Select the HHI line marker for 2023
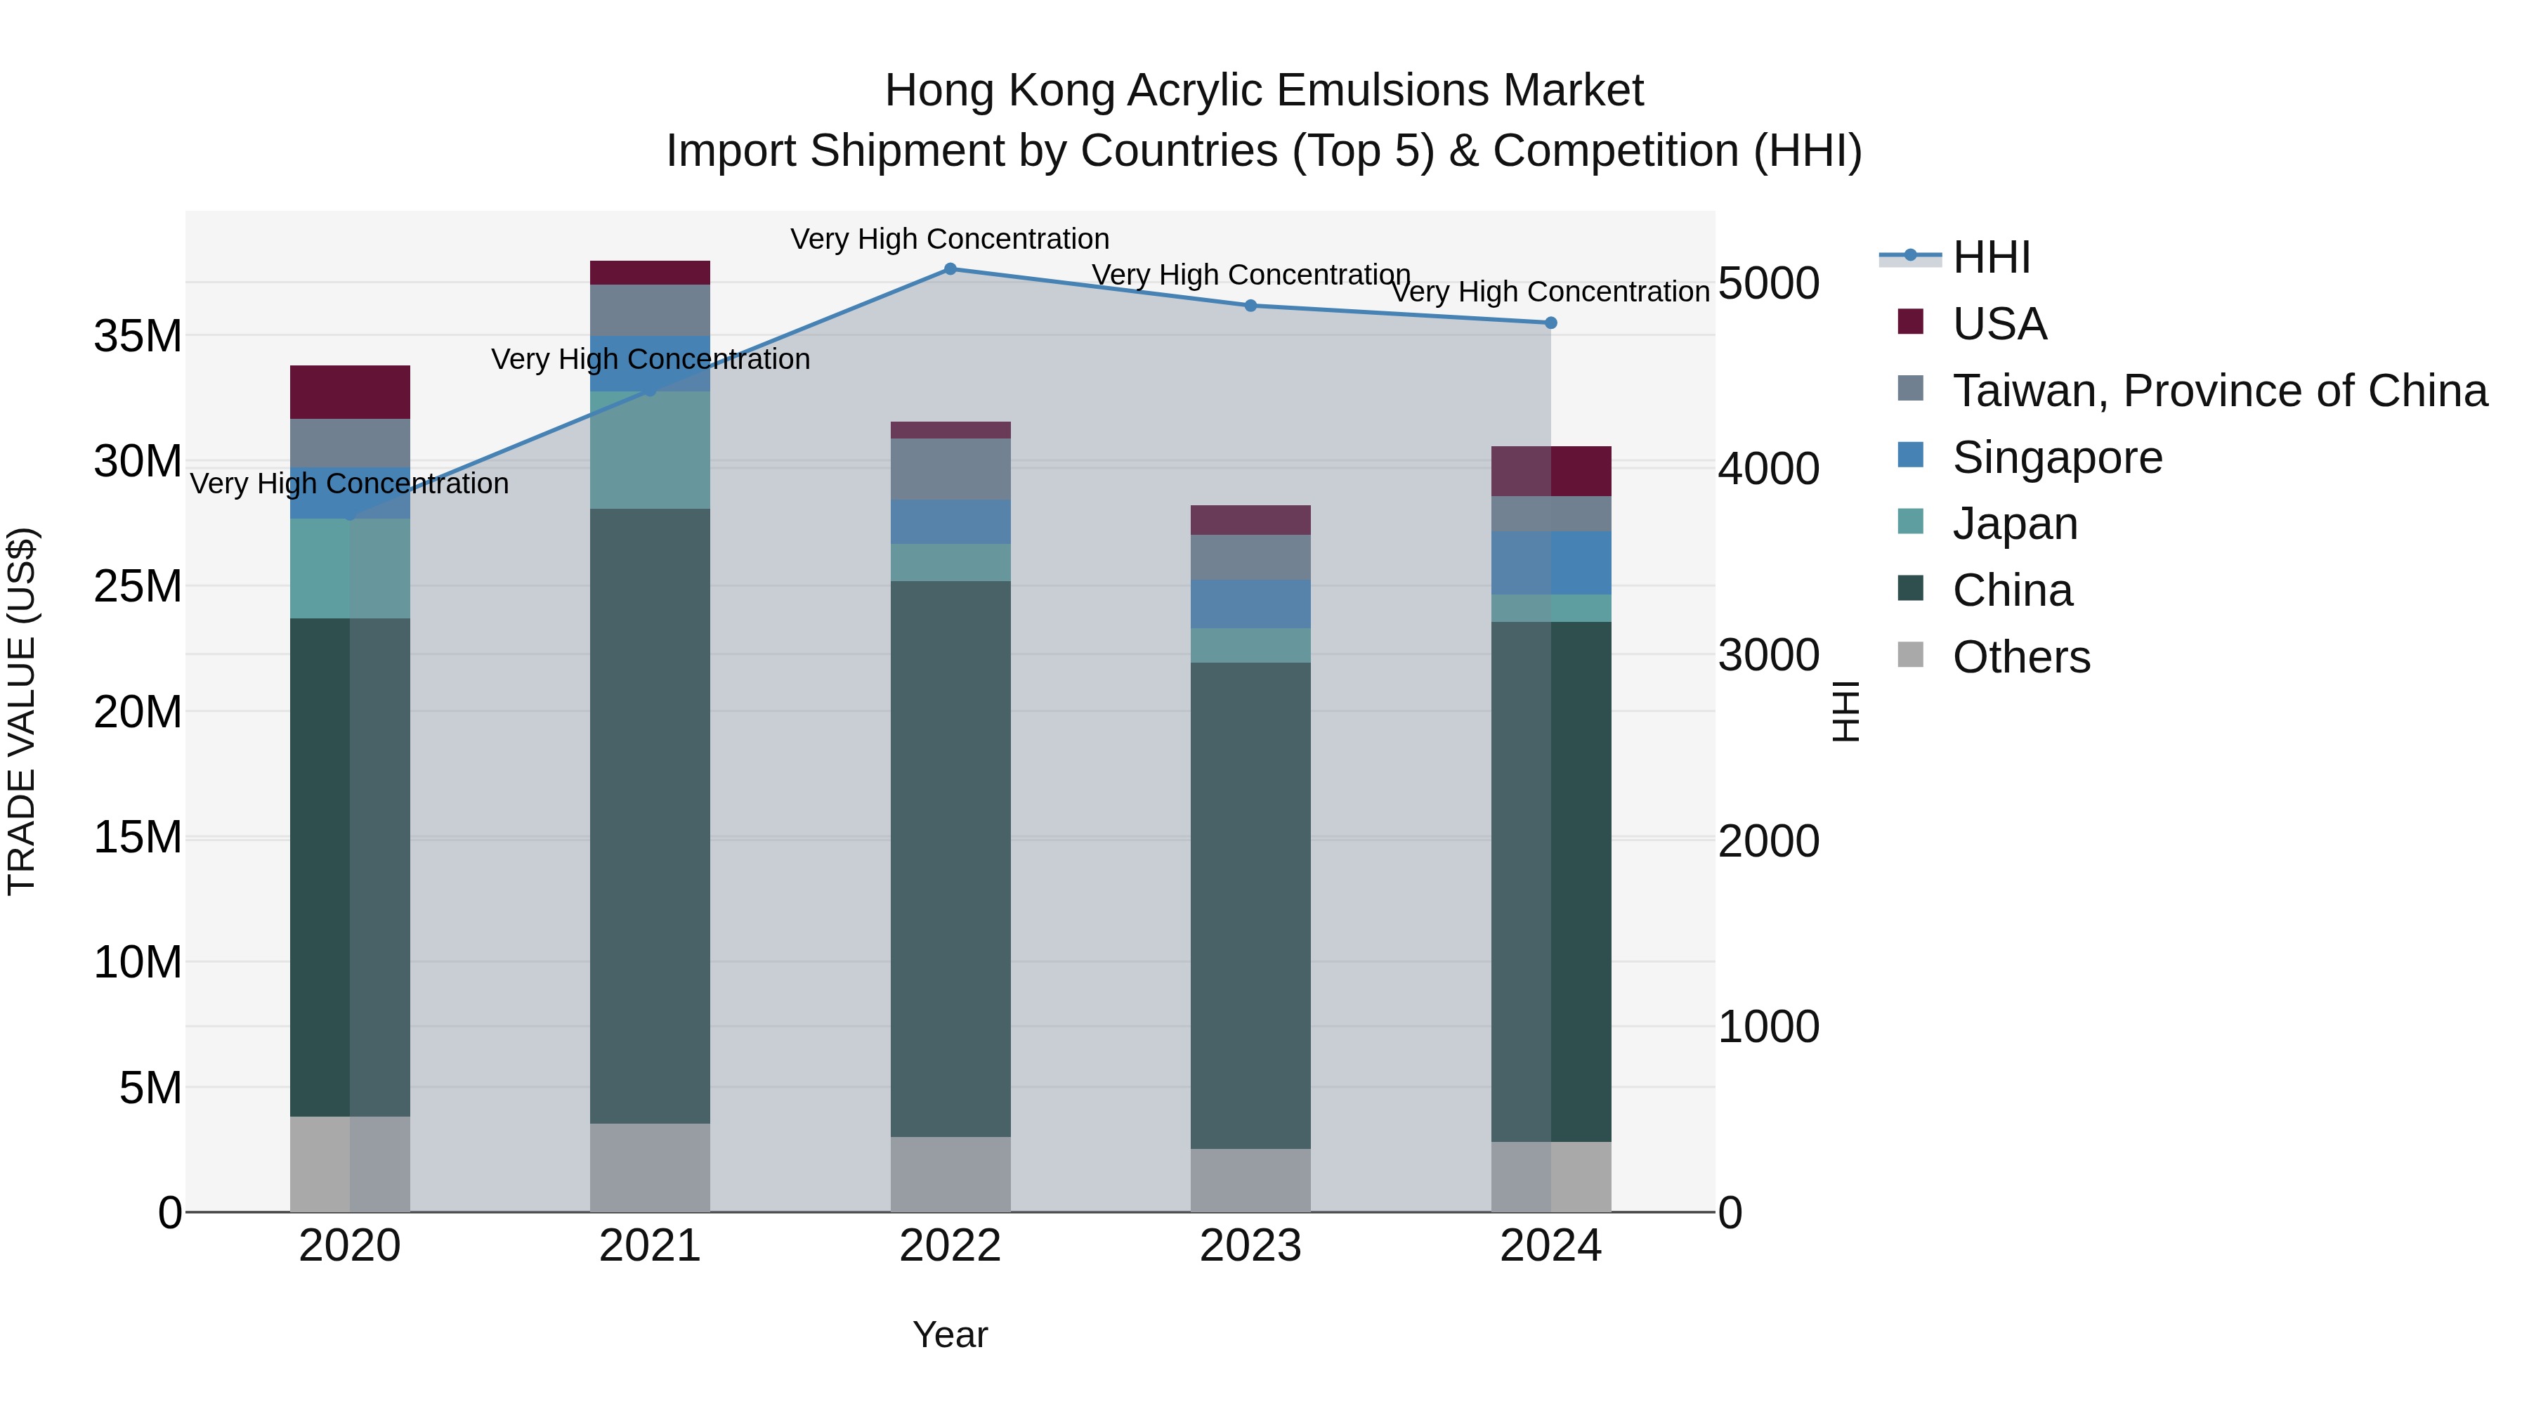click(x=1250, y=306)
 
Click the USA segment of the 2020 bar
click(x=350, y=392)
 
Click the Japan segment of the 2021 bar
click(x=649, y=450)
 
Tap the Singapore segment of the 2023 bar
click(x=1250, y=604)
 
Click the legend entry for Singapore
click(x=2057, y=457)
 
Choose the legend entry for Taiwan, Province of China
click(x=2218, y=391)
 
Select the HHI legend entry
click(x=1990, y=257)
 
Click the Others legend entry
click(x=2020, y=657)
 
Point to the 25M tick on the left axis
click(x=138, y=586)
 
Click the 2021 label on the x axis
click(x=649, y=1246)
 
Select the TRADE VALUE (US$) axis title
click(x=22, y=711)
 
